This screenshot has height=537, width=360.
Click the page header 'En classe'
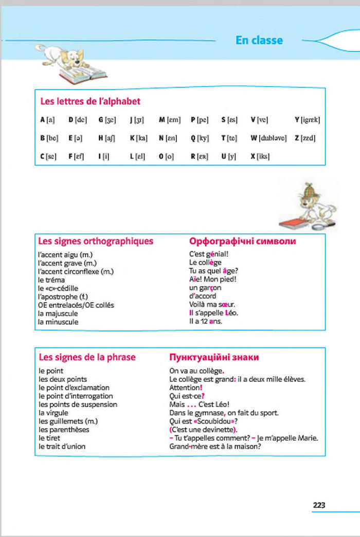[259, 40]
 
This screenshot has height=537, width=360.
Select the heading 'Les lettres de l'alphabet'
[90, 101]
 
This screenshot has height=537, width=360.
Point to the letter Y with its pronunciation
[307, 120]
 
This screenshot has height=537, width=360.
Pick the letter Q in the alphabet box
[199, 138]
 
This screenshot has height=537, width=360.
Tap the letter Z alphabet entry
[305, 138]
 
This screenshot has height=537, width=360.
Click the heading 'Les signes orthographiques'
[96, 240]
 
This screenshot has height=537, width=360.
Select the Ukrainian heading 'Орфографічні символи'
[243, 240]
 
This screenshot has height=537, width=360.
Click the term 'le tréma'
[51, 280]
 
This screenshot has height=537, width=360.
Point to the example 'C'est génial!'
[209, 254]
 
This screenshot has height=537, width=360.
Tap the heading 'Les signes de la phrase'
[87, 357]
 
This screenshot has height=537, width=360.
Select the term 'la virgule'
[53, 413]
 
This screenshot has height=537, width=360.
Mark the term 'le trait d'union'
[62, 446]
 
